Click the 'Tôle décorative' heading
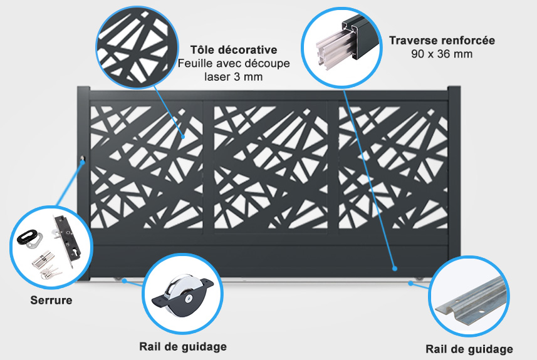pyautogui.click(x=233, y=49)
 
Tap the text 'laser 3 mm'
pyautogui.click(x=233, y=77)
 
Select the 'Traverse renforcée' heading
pyautogui.click(x=442, y=40)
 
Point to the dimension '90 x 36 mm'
pyautogui.click(x=442, y=54)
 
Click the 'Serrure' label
pyautogui.click(x=51, y=301)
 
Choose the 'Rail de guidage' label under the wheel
pyautogui.click(x=182, y=346)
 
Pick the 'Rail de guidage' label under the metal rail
pyautogui.click(x=469, y=349)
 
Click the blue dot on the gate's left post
pyautogui.click(x=83, y=164)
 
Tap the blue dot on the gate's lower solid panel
pyautogui.click(x=395, y=269)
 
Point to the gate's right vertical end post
pyautogui.click(x=454, y=182)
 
